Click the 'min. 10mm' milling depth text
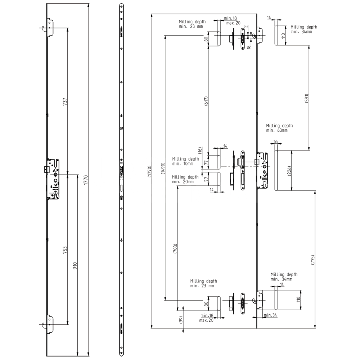click(x=183, y=163)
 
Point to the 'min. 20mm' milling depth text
click(x=183, y=182)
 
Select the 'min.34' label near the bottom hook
click(x=270, y=315)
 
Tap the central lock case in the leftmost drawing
click(x=53, y=179)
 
